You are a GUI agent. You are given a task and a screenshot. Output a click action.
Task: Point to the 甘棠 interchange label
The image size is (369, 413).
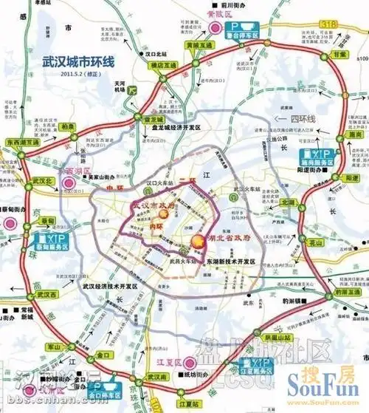point(339,55)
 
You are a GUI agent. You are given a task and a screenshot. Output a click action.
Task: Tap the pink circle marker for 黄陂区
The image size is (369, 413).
point(215,28)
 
